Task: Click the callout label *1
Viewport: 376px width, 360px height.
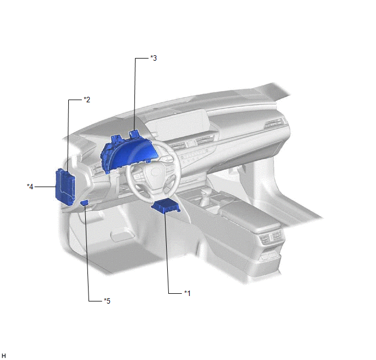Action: click(187, 293)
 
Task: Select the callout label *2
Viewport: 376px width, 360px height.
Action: click(87, 100)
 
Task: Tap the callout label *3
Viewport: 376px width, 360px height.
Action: click(154, 58)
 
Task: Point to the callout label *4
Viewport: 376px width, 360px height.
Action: click(30, 187)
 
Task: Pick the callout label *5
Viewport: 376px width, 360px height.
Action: click(107, 301)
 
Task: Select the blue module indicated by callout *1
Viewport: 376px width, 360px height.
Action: click(166, 206)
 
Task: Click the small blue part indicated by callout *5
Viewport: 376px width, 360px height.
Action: click(84, 203)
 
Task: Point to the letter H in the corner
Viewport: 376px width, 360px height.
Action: click(4, 356)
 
